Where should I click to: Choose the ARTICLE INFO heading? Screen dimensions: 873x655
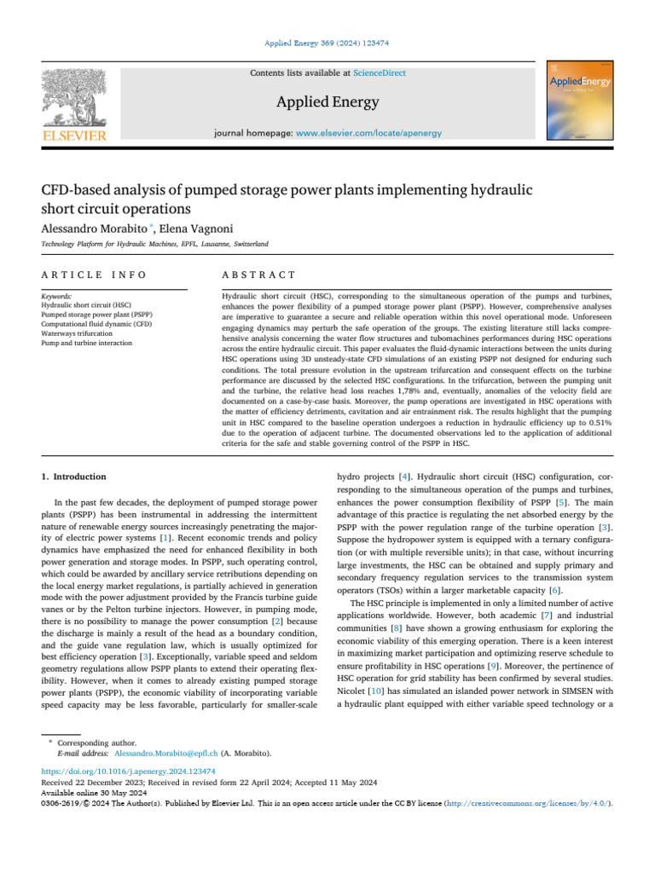click(94, 275)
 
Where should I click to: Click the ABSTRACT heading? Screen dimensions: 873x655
click(258, 275)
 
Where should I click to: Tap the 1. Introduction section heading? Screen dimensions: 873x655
click(75, 477)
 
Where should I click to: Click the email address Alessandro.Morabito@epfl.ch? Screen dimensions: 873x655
click(165, 754)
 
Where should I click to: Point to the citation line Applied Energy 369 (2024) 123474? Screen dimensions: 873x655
click(327, 41)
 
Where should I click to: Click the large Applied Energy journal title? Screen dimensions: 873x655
click(327, 103)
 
